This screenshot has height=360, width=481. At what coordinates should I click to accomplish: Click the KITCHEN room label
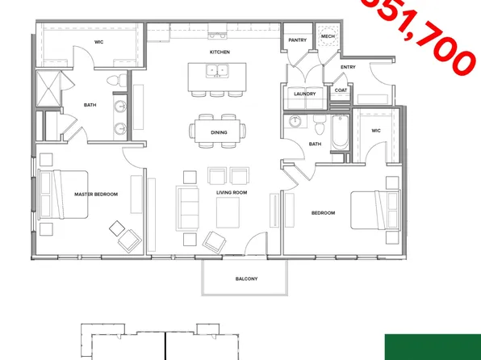[x=220, y=52]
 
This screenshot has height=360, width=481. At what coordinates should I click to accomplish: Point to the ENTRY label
[x=349, y=67]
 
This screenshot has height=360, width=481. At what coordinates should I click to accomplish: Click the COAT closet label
[x=341, y=90]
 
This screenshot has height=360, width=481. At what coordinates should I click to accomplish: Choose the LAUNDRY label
[x=305, y=94]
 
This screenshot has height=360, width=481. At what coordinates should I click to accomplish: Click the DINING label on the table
[x=219, y=132]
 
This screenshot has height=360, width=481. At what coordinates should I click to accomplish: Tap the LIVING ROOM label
[x=231, y=193]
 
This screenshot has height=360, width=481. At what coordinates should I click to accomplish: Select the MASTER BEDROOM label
[x=96, y=194]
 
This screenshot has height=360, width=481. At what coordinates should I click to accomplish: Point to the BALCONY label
[x=247, y=278]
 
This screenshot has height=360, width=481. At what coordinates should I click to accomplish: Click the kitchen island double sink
[x=216, y=71]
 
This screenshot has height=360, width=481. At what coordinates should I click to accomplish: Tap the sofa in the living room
[x=187, y=207]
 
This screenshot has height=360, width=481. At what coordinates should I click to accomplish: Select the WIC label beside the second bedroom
[x=375, y=130]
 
